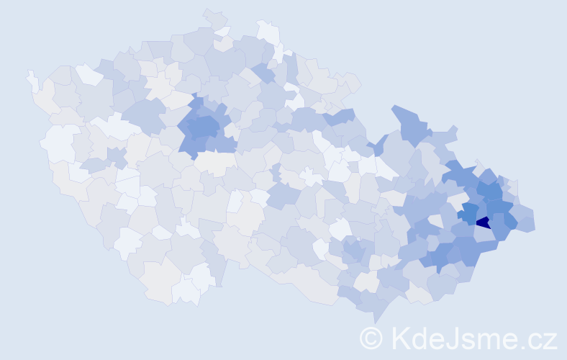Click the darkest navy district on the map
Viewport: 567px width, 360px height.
pos(484,222)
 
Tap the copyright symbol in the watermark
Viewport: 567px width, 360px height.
pos(371,337)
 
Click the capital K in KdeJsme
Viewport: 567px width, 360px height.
pos(401,337)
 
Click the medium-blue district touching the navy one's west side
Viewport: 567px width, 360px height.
pos(468,214)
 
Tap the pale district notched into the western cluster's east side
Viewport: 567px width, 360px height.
pos(232,132)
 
